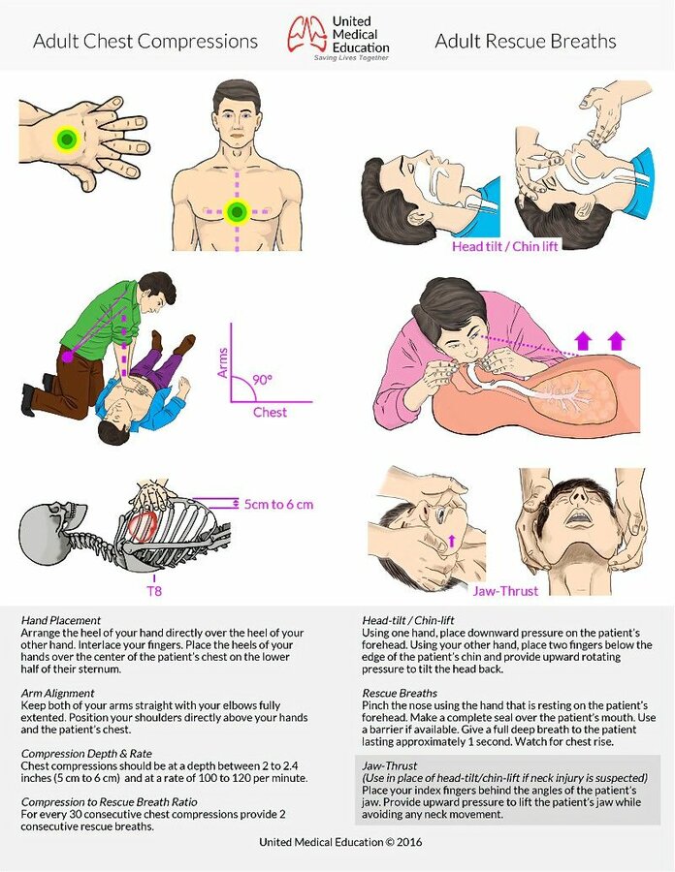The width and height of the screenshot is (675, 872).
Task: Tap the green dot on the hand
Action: pyautogui.click(x=67, y=139)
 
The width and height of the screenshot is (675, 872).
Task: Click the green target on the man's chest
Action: pyautogui.click(x=237, y=212)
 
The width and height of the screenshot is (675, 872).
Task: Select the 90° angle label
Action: pyautogui.click(x=262, y=380)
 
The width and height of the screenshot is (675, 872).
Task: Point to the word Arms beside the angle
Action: pyautogui.click(x=223, y=362)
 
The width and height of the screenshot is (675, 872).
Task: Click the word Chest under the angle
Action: pyautogui.click(x=270, y=412)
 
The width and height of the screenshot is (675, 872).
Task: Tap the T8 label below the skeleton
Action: pyautogui.click(x=154, y=591)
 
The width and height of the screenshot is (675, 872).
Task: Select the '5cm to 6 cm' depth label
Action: pyautogui.click(x=278, y=505)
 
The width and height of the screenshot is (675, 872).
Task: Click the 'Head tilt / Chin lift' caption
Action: pyautogui.click(x=504, y=246)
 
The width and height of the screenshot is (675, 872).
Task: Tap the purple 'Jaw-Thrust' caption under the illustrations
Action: pyautogui.click(x=506, y=591)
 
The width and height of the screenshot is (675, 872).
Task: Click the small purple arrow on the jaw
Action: pyautogui.click(x=451, y=540)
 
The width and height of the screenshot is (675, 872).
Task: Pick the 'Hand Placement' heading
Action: pyautogui.click(x=61, y=620)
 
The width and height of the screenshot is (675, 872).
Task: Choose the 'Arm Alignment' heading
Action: pyautogui.click(x=57, y=693)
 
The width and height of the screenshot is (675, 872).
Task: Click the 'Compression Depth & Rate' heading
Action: pyautogui.click(x=86, y=754)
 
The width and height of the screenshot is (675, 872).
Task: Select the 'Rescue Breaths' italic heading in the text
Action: pyautogui.click(x=400, y=693)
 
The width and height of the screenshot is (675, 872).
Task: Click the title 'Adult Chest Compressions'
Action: pyautogui.click(x=145, y=41)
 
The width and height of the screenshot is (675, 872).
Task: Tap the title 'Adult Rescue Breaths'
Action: pyautogui.click(x=526, y=41)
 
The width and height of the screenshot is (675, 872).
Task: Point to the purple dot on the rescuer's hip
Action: pyautogui.click(x=67, y=357)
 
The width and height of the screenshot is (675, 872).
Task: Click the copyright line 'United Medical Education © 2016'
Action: pyautogui.click(x=340, y=842)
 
